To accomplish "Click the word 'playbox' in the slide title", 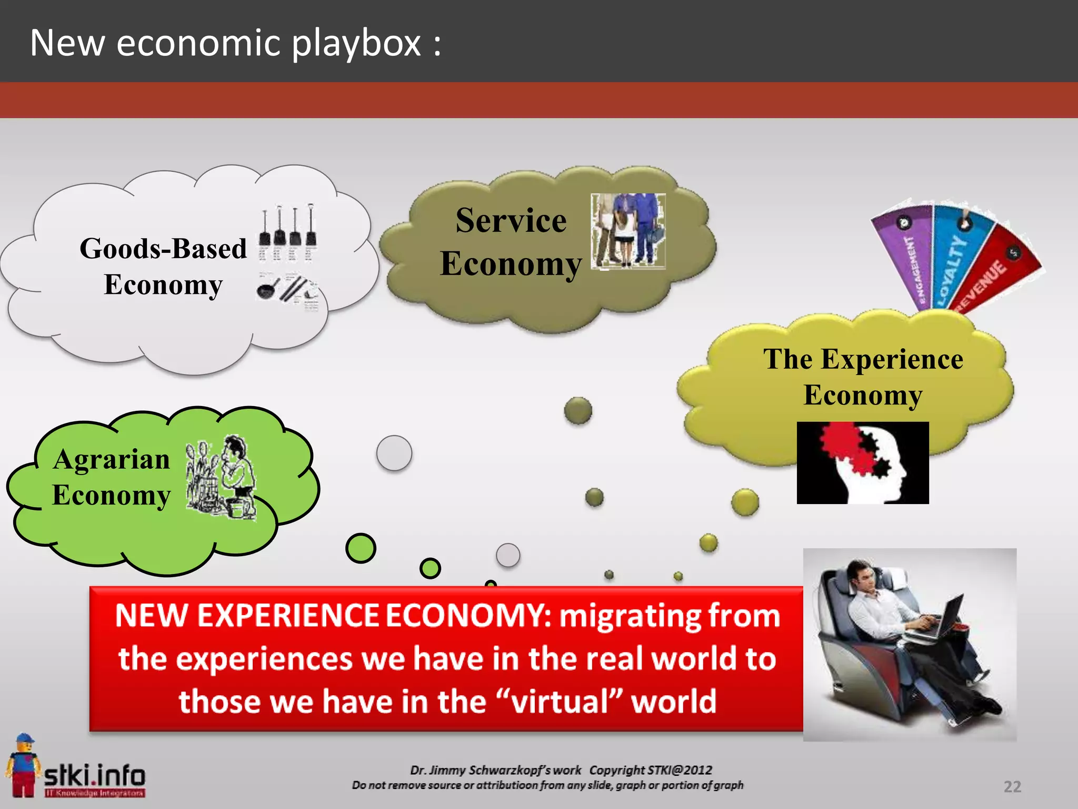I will [356, 43].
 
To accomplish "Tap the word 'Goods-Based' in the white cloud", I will [163, 249].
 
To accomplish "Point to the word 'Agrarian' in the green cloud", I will [112, 459].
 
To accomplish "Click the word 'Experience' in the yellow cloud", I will [892, 360].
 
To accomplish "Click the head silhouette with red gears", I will [863, 462].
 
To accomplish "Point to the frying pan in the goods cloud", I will [267, 288].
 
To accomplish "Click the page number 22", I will [1012, 786].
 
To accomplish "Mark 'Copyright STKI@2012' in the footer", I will [651, 770].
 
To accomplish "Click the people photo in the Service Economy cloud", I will [628, 231].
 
